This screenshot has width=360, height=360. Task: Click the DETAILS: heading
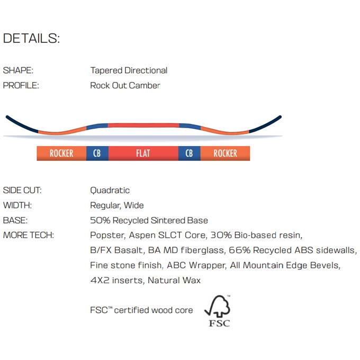click(31, 38)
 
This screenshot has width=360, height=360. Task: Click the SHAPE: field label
click(18, 70)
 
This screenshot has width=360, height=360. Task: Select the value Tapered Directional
click(129, 70)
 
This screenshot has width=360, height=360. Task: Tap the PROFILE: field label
click(21, 85)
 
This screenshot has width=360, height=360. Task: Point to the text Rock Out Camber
click(125, 85)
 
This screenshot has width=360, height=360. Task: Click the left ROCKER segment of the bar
click(61, 153)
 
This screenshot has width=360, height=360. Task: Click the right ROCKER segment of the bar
click(225, 153)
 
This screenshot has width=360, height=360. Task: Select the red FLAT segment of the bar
click(143, 153)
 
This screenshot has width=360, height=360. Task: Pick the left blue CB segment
click(97, 153)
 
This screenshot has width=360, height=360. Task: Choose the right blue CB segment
click(190, 153)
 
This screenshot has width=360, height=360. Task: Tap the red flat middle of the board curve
click(143, 125)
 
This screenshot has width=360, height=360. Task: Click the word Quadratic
click(110, 191)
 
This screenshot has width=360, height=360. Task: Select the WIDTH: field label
click(17, 205)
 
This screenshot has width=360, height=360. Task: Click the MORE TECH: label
click(29, 235)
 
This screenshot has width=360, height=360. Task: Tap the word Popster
click(107, 236)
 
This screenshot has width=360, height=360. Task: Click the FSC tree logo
click(218, 311)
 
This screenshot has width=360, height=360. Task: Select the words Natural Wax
click(174, 281)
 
